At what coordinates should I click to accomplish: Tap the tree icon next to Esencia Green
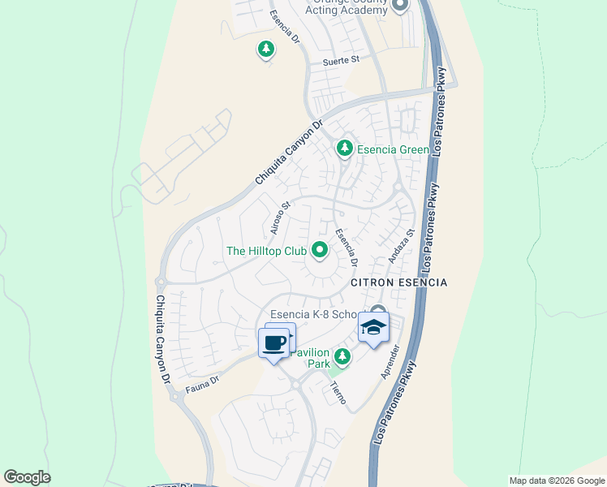click(x=345, y=149)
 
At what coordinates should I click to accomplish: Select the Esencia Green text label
click(x=394, y=149)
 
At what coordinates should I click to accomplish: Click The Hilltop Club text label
click(x=265, y=252)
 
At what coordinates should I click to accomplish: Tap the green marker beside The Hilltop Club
click(x=319, y=251)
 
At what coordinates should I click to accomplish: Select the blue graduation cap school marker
click(x=373, y=327)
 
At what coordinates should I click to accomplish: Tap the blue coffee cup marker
click(x=274, y=343)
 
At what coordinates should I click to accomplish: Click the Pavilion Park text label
click(x=307, y=358)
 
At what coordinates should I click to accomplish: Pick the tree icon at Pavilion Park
click(x=342, y=356)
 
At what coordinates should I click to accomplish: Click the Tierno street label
click(x=338, y=394)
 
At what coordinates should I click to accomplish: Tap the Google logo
click(x=27, y=477)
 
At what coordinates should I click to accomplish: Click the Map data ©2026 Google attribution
click(x=557, y=481)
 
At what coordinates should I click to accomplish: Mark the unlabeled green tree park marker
click(x=265, y=50)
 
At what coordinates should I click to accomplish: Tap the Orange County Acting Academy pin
click(x=399, y=6)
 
